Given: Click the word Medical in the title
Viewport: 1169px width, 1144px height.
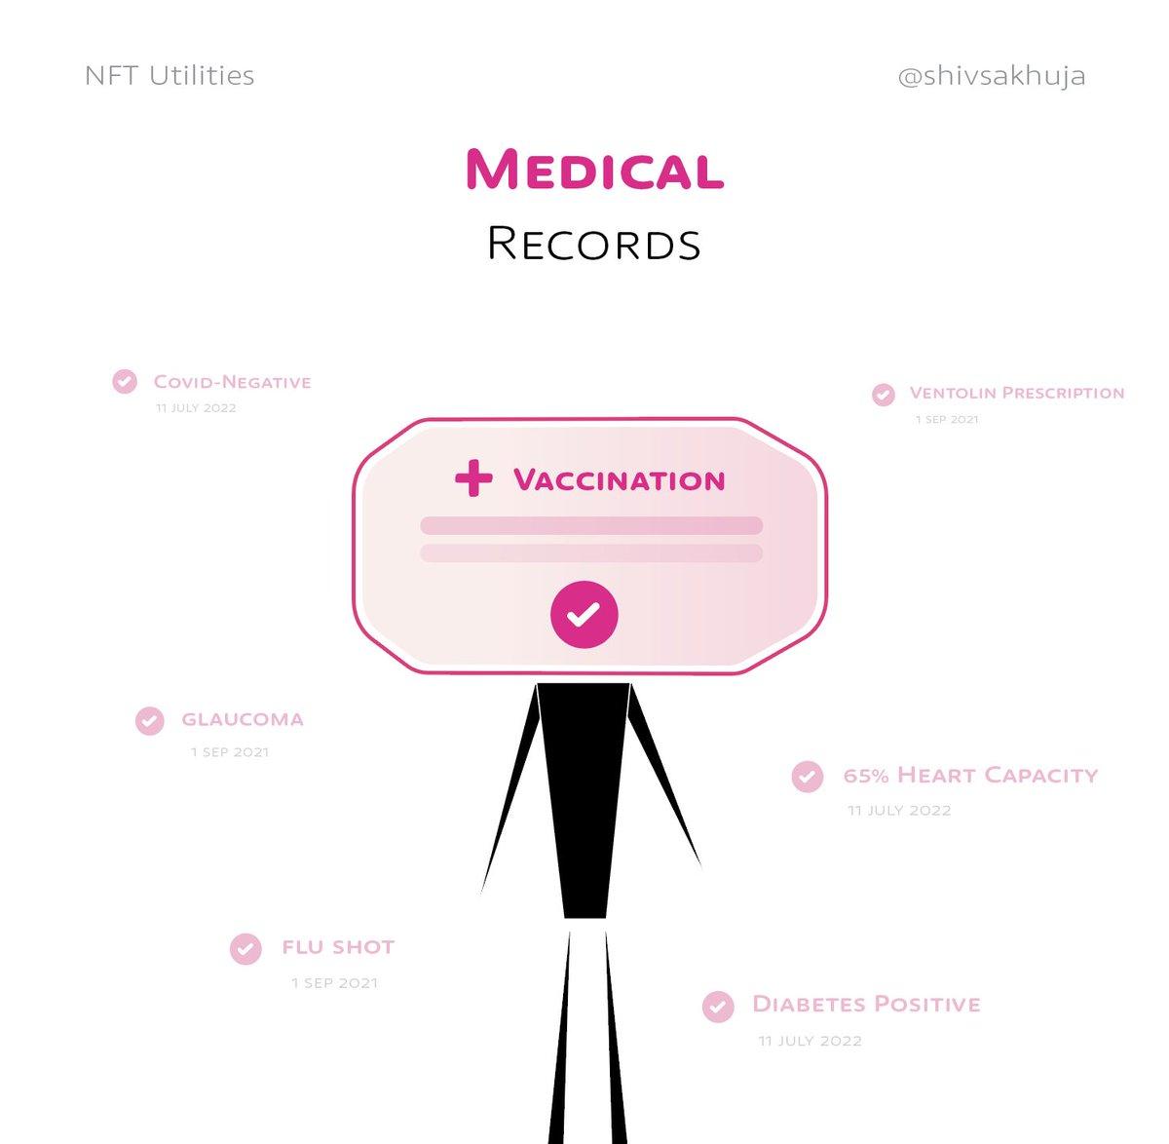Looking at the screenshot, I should click(594, 170).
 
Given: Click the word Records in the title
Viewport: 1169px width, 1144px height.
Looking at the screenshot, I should click(594, 244).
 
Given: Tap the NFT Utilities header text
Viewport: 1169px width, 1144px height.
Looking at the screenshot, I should click(170, 76).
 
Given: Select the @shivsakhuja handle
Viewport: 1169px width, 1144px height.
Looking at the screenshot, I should click(991, 76).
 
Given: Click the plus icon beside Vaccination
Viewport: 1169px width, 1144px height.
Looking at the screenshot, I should click(473, 479).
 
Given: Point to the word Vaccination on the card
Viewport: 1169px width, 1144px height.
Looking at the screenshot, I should click(620, 480).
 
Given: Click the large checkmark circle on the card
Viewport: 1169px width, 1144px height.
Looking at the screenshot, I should click(584, 615).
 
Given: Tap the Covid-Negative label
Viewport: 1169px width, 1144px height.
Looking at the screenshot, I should click(232, 382).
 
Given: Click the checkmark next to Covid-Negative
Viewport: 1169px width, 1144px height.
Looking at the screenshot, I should click(125, 381).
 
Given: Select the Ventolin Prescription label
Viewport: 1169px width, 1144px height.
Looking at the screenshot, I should click(1016, 393).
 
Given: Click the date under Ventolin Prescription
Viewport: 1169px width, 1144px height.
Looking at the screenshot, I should click(946, 420).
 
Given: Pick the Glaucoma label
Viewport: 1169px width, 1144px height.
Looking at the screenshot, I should click(243, 720).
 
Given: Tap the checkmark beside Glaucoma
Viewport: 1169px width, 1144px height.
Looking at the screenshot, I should click(149, 721).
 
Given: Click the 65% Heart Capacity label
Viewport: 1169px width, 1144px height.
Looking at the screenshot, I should click(970, 776).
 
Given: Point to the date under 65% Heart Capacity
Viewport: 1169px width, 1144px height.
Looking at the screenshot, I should click(898, 811).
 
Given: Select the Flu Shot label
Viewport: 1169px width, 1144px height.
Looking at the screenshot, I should click(338, 947).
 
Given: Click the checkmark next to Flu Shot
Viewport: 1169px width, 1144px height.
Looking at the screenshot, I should click(245, 948).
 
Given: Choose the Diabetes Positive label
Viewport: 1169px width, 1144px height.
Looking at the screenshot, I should click(866, 1005).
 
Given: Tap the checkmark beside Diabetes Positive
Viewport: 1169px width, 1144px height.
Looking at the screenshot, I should click(718, 1007).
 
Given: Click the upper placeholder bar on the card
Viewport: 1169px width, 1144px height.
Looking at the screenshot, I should click(590, 526).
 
